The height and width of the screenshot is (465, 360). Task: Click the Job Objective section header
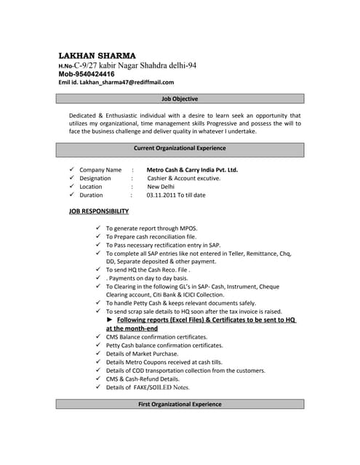click(179, 99)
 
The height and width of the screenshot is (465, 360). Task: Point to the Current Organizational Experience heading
click(180, 148)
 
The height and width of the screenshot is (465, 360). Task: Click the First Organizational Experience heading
click(180, 404)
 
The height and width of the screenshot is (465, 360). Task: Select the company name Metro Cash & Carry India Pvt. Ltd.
click(192, 170)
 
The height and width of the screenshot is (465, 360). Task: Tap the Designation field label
click(95, 178)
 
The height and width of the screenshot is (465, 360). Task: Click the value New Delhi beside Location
click(161, 187)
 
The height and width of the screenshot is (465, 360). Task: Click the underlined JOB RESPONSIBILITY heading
click(99, 211)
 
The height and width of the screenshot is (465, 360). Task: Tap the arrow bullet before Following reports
click(110, 320)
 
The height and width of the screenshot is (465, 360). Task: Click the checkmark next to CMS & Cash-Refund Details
click(98, 379)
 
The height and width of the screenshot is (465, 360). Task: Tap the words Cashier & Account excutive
click(183, 178)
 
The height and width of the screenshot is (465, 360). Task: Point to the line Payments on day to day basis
click(149, 278)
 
